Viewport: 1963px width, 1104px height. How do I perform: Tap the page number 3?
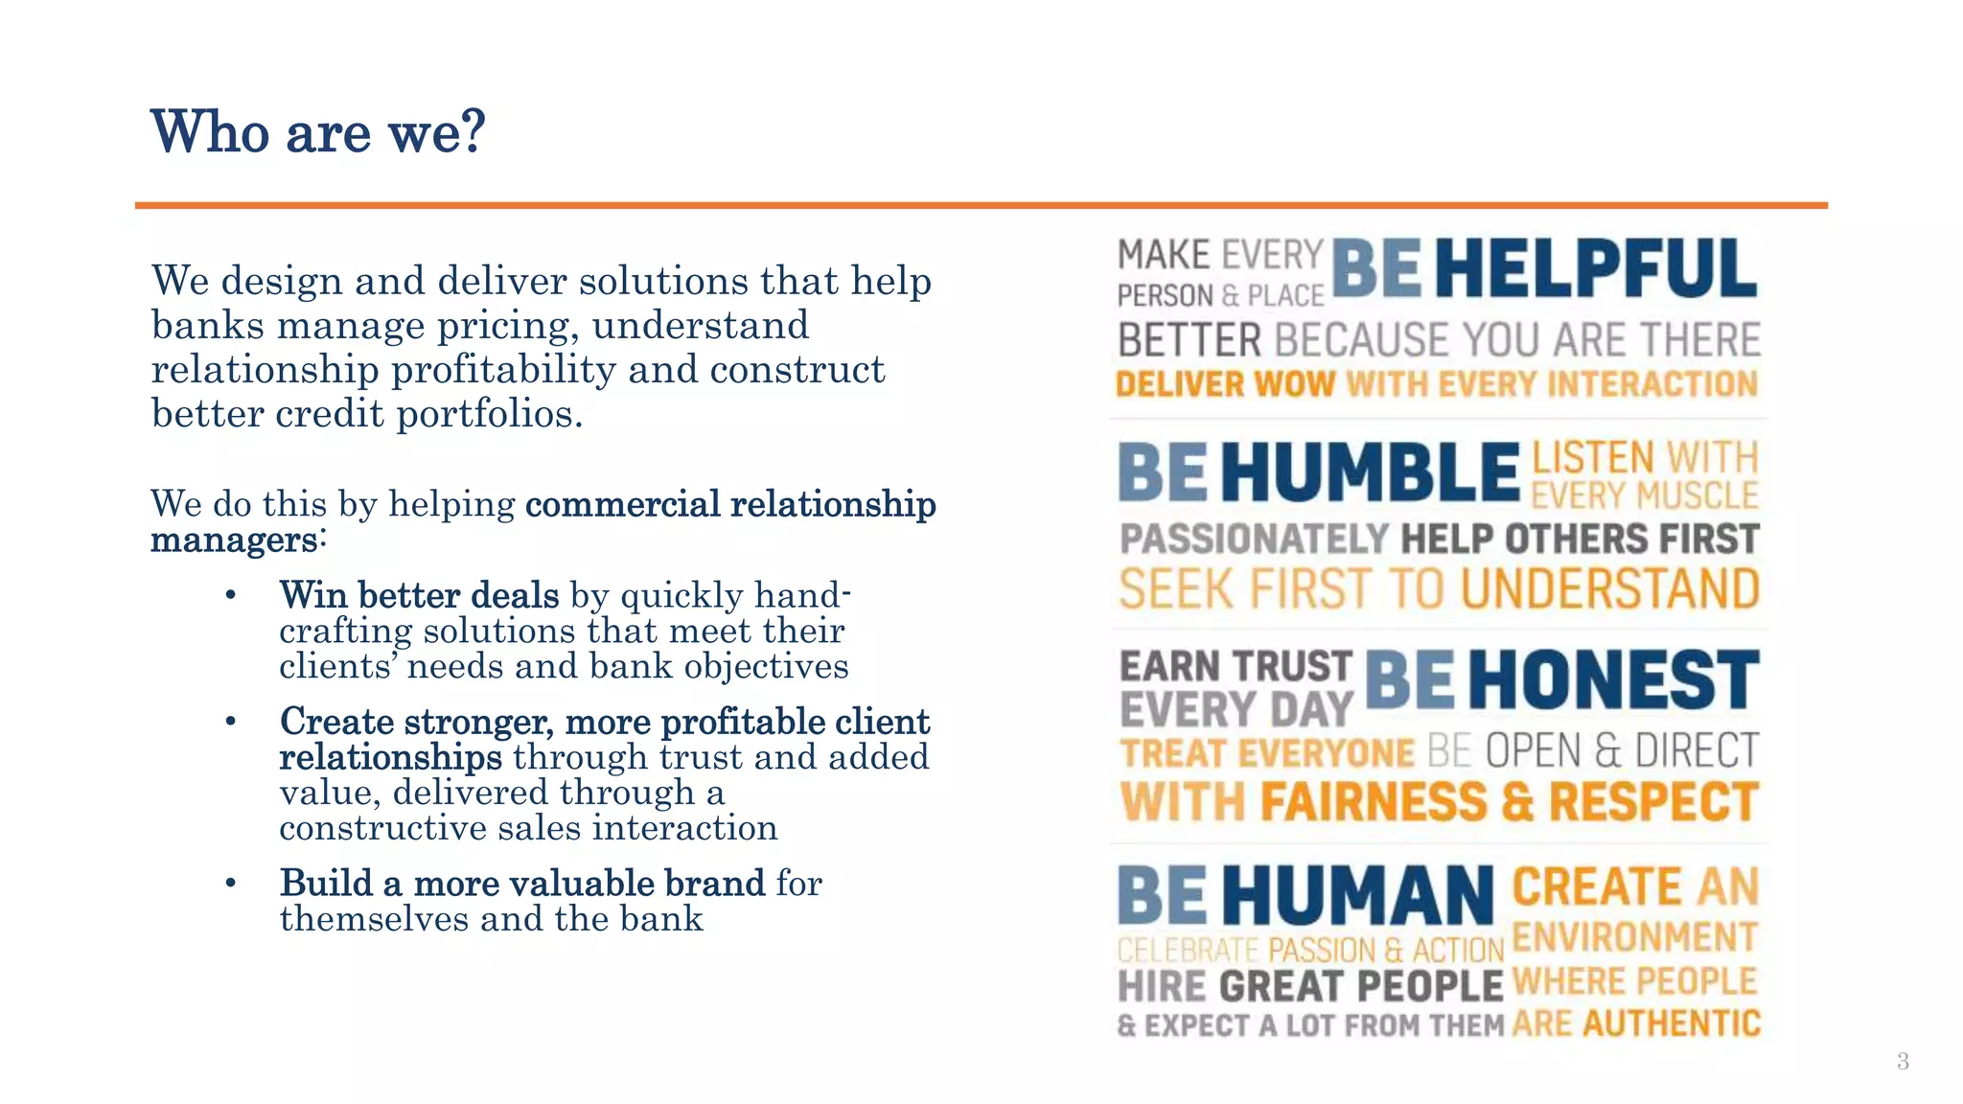point(1903,1061)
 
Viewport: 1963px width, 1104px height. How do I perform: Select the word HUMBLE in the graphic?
point(1371,472)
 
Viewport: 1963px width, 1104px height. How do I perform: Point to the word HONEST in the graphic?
point(1613,679)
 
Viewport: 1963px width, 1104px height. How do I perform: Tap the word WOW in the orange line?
point(1294,385)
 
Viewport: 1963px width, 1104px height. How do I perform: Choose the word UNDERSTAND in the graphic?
point(1610,588)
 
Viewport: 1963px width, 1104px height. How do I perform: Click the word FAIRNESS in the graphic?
point(1373,802)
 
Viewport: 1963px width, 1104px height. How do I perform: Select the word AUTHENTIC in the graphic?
point(1672,1023)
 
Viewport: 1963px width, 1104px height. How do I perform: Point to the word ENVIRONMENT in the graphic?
point(1634,936)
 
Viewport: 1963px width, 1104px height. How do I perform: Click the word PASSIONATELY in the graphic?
point(1254,539)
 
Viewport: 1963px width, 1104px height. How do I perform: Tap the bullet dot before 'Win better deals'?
point(230,595)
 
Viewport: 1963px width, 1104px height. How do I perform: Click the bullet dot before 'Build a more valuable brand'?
point(230,883)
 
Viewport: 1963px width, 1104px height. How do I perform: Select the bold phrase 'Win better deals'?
point(419,595)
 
